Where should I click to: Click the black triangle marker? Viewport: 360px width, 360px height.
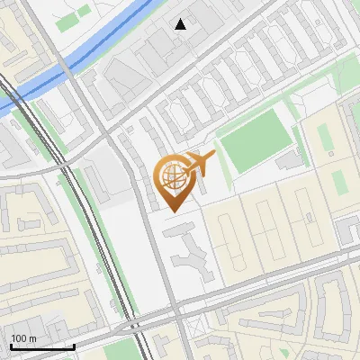coord(181,23)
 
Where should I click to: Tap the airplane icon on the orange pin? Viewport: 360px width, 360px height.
coord(200,162)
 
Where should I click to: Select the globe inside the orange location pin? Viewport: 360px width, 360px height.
coord(173,176)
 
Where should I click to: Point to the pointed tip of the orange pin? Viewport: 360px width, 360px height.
coord(171,211)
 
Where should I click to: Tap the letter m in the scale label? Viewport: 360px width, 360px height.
coord(32,338)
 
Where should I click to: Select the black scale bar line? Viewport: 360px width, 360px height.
coord(42,346)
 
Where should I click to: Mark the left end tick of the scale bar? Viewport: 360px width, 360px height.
coord(11,345)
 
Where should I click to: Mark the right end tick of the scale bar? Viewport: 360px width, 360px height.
coord(74,345)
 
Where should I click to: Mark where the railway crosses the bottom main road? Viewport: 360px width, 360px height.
coord(132,324)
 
